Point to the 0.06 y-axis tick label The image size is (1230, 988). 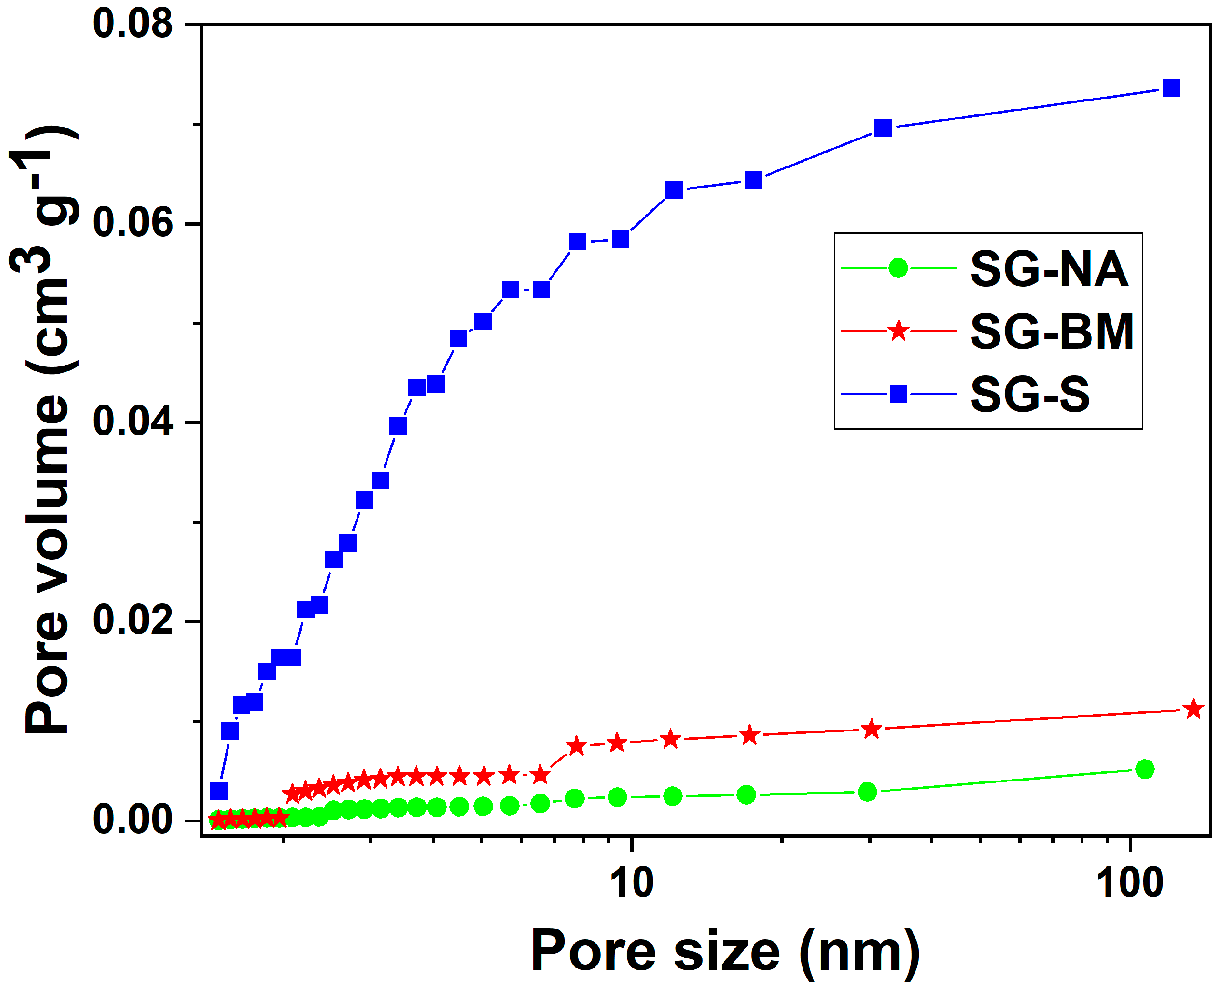(x=132, y=223)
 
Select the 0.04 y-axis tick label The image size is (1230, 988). (x=132, y=422)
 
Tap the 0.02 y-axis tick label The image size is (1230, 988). (x=132, y=621)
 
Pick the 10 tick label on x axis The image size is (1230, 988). (x=632, y=884)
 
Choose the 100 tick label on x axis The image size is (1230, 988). (x=1130, y=884)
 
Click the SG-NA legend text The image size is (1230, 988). (x=1049, y=269)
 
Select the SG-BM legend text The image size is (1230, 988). (x=1052, y=332)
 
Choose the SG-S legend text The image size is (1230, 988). (x=1030, y=395)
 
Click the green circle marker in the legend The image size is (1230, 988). (x=898, y=268)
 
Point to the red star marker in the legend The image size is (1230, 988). (x=898, y=331)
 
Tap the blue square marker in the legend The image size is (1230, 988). (x=898, y=394)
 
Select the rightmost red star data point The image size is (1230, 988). (x=1193, y=710)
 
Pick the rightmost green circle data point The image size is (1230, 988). (x=1144, y=769)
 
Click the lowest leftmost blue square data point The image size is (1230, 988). (x=219, y=791)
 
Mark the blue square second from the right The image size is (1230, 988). (x=883, y=128)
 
